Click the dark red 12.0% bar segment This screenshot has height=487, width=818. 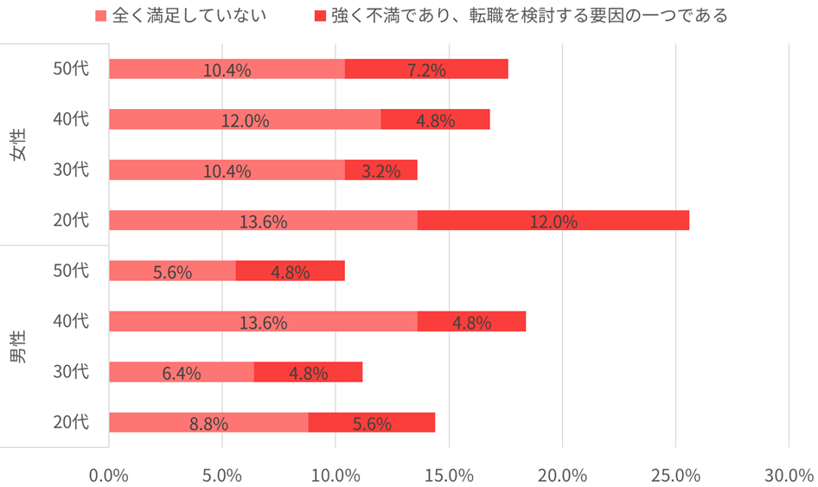click(553, 220)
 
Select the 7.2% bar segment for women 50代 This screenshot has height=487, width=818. click(426, 69)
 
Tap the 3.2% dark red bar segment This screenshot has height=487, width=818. click(380, 170)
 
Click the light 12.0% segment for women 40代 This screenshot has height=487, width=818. click(245, 119)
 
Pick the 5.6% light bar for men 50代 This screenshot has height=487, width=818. click(172, 271)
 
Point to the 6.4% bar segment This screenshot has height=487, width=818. click(182, 372)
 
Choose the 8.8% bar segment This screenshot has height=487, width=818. click(208, 422)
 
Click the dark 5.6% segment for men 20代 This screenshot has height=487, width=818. click(372, 422)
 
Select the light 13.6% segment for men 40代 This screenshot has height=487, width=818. click(263, 321)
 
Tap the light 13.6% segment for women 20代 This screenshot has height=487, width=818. click(263, 220)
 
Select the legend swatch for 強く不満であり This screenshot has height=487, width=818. click(319, 16)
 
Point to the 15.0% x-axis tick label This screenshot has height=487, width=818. click(449, 475)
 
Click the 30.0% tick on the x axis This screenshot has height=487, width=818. click(789, 475)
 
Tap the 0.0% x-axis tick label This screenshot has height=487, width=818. click(109, 475)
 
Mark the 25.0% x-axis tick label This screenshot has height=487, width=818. click(675, 475)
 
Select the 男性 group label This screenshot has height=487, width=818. click(18, 347)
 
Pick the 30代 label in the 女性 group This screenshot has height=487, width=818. click(71, 170)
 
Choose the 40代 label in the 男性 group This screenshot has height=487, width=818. click(71, 321)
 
